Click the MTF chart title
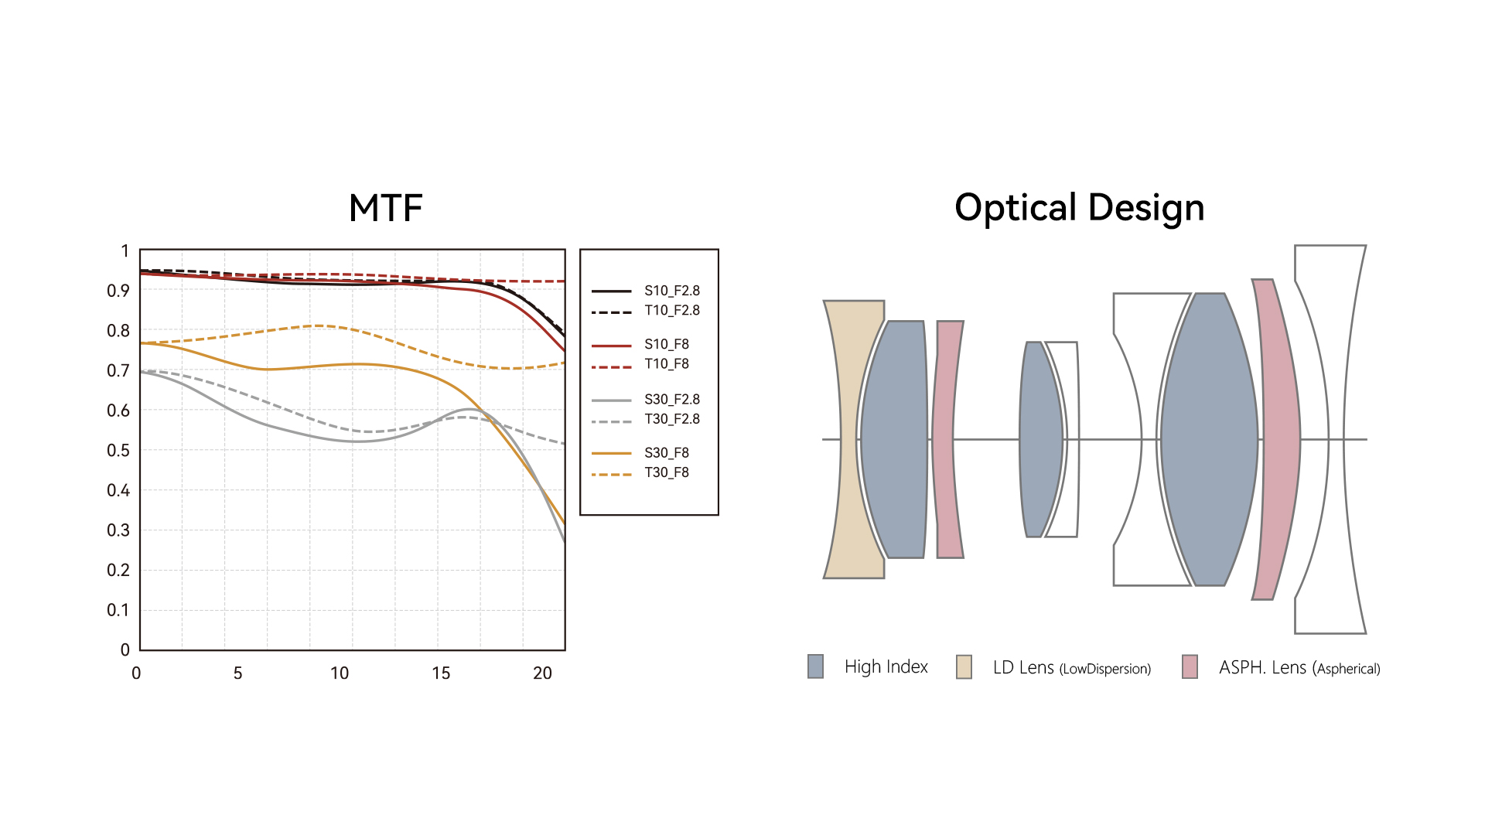385,208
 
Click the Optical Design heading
1079,208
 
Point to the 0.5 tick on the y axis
118,450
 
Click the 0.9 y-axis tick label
118,291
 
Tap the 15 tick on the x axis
441,673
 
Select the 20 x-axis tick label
542,673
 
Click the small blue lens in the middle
1041,439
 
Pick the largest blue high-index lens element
1209,439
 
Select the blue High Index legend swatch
815,666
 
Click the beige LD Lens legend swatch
964,666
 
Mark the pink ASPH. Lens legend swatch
1190,666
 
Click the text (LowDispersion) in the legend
1104,669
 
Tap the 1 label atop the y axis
125,250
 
